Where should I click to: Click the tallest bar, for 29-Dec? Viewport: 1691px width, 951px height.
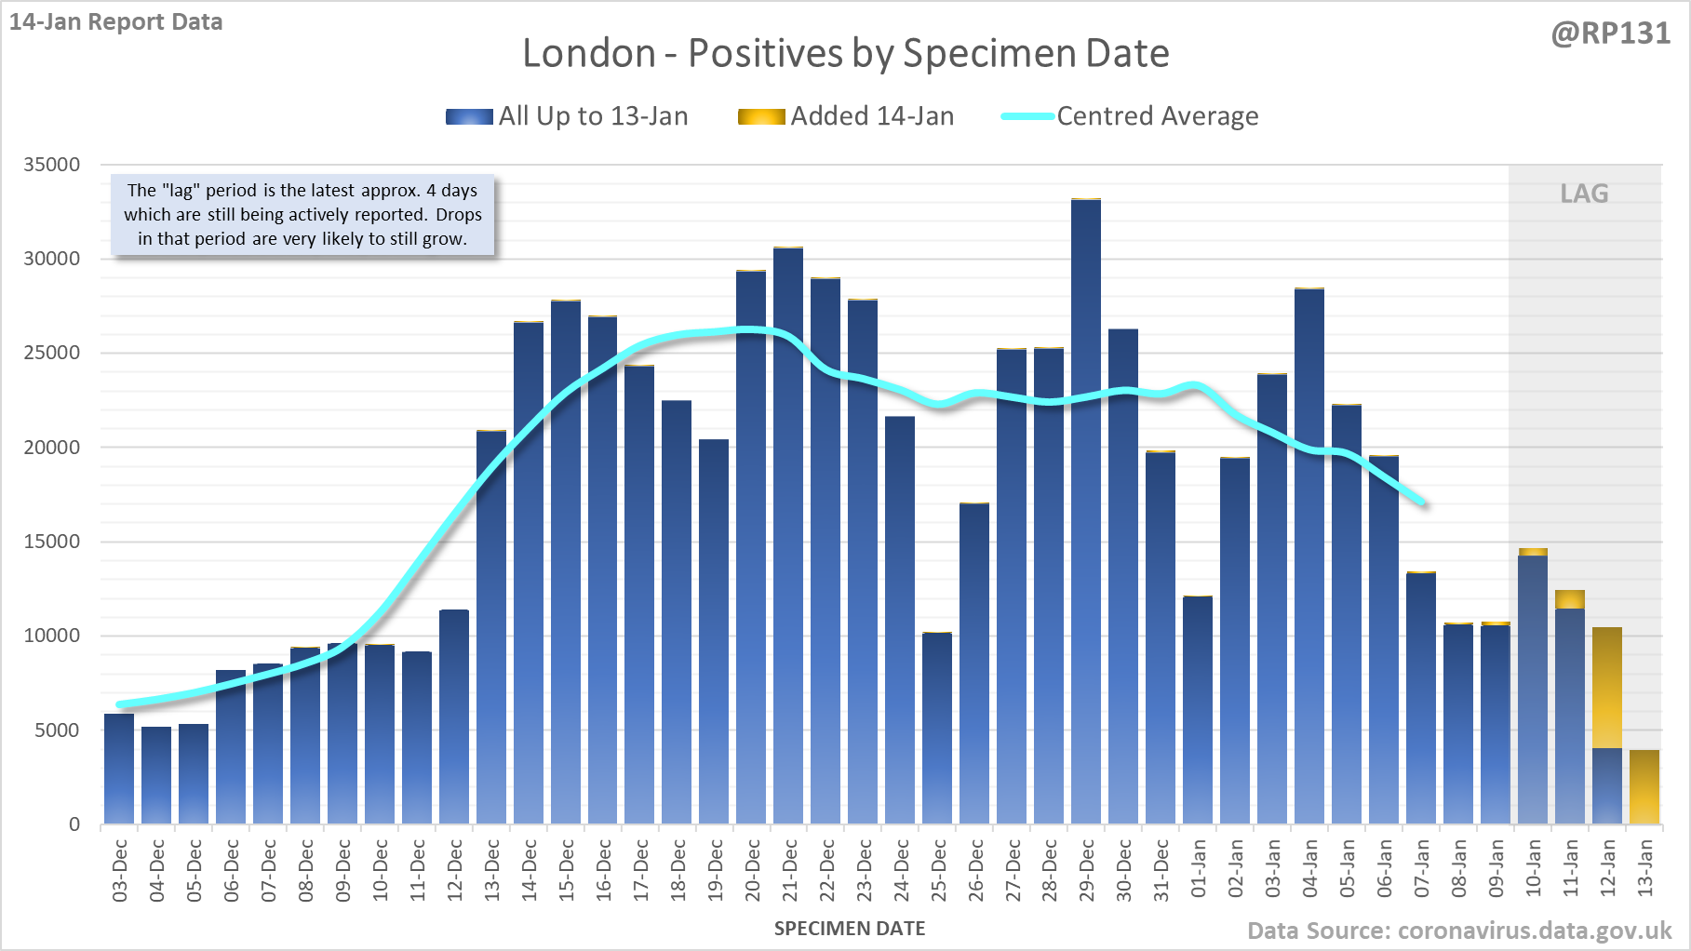click(1086, 512)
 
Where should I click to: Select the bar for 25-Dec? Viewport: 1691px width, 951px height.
click(937, 728)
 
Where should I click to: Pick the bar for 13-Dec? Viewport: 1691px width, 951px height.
click(491, 627)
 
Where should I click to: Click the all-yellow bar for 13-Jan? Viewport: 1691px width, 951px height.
click(1644, 787)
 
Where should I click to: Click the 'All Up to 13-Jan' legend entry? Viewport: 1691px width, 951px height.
click(567, 116)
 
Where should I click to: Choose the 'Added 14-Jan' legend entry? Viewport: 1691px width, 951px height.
click(846, 116)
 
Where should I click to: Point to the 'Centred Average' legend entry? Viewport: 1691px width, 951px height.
click(1130, 116)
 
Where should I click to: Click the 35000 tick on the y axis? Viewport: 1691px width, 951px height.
click(52, 165)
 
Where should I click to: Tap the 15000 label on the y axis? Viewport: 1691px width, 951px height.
click(52, 542)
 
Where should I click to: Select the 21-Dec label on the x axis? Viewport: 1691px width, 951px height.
click(789, 870)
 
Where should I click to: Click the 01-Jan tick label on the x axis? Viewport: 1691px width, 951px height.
click(1199, 870)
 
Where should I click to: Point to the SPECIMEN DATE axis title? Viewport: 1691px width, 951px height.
click(850, 929)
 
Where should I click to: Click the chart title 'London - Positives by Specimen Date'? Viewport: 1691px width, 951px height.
click(845, 53)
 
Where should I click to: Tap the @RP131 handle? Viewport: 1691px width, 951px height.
click(1610, 33)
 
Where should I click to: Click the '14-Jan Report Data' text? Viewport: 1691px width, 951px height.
click(116, 21)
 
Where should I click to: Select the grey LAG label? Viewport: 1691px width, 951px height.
click(1584, 194)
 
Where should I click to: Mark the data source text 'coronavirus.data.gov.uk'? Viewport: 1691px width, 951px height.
click(1535, 931)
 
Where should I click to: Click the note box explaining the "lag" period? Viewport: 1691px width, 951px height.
click(302, 215)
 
